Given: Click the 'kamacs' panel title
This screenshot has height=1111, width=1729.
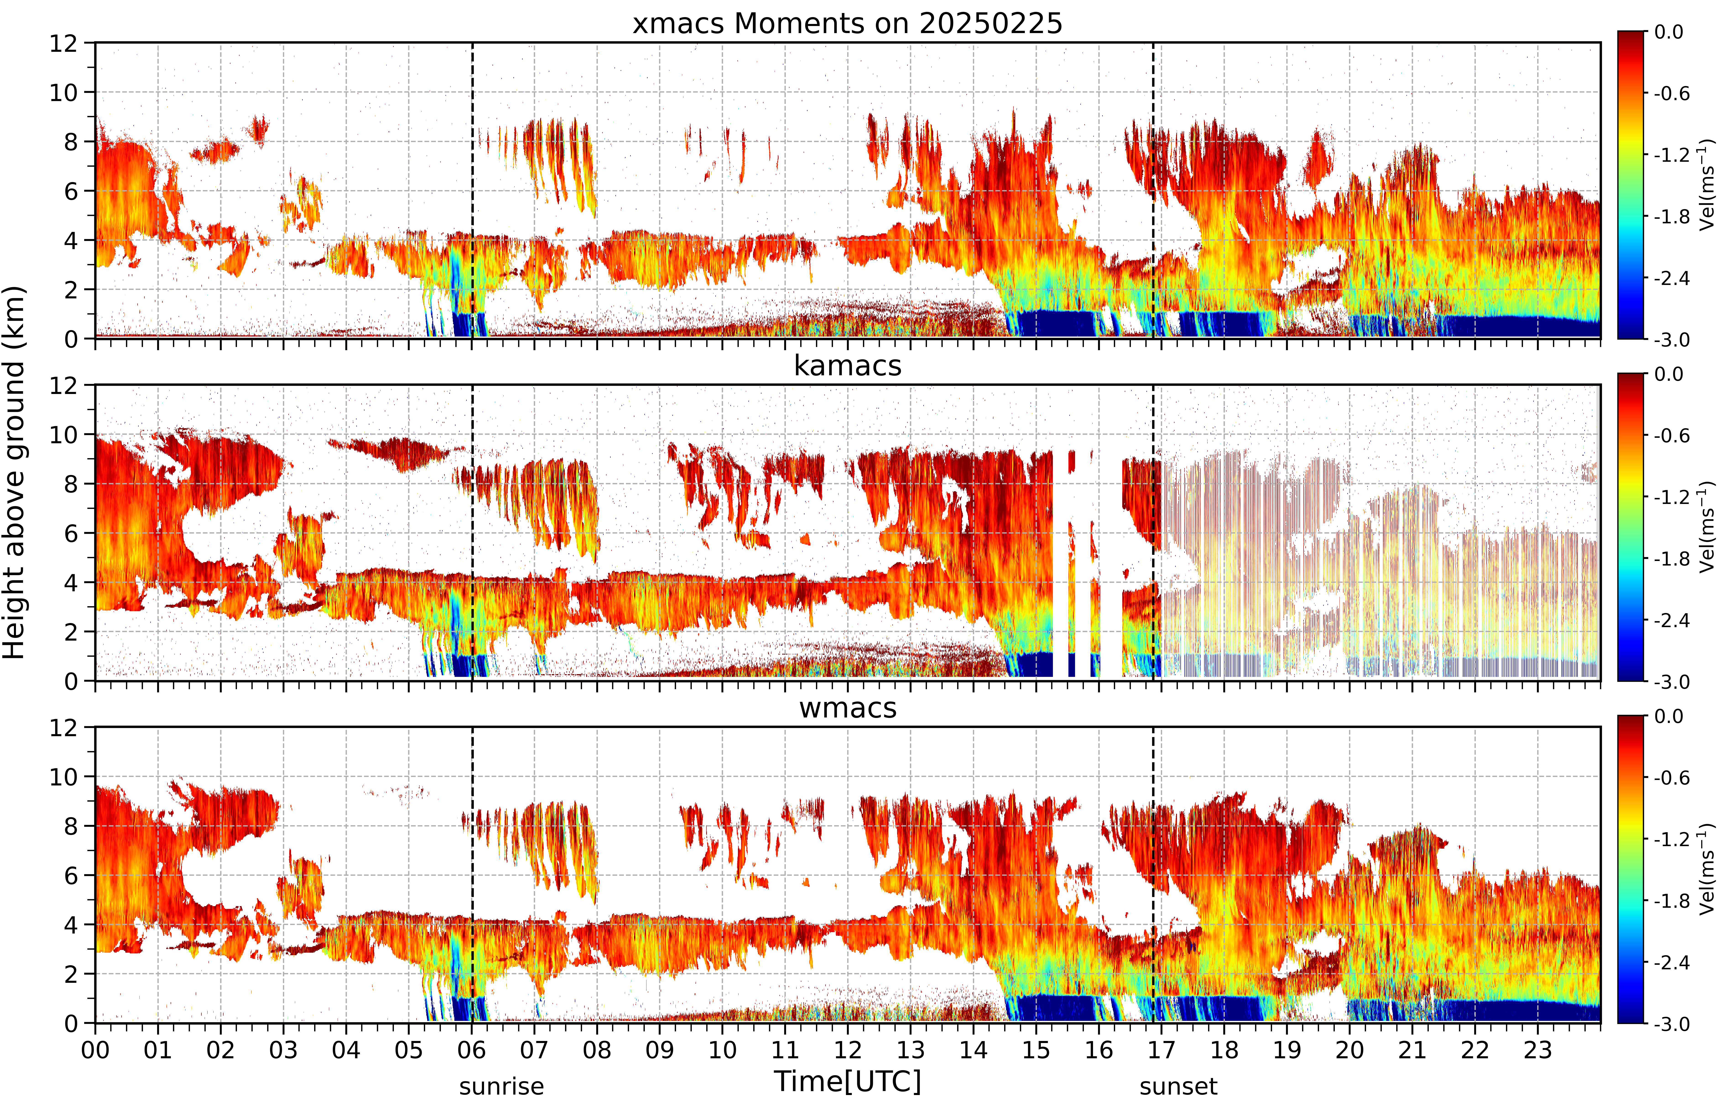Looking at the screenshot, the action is click(848, 366).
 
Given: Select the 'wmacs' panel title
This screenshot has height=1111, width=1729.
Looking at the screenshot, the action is click(848, 708).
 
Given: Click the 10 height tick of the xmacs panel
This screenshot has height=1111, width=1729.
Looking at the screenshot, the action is click(63, 92).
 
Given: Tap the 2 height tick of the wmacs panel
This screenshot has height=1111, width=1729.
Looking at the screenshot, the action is click(71, 974).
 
